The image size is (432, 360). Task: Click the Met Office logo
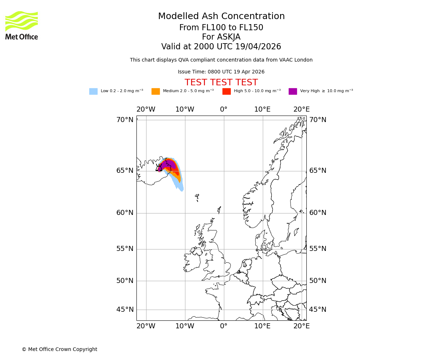pos(22,25)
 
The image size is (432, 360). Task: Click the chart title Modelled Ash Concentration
pos(221,17)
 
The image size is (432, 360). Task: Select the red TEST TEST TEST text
pos(221,82)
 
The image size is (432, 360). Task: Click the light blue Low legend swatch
pos(93,91)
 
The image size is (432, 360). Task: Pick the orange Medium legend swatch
pos(156,91)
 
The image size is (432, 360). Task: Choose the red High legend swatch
pos(226,91)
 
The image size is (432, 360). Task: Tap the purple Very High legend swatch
pos(293,91)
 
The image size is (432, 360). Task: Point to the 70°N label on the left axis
pos(125,120)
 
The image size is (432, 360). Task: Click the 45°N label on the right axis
pos(318,310)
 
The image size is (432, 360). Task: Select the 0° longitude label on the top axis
pos(224,109)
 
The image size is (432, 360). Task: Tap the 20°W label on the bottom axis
pos(146,326)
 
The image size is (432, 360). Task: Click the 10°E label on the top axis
pos(262,109)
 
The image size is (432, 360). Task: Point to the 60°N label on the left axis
pos(125,213)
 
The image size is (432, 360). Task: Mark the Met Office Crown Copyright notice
pos(59,350)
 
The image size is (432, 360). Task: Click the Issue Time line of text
pos(221,72)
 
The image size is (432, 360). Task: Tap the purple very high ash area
pos(168,165)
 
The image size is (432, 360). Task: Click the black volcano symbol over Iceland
pos(159,168)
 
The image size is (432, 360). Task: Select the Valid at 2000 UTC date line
pos(221,47)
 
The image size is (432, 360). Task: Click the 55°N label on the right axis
pos(318,249)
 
